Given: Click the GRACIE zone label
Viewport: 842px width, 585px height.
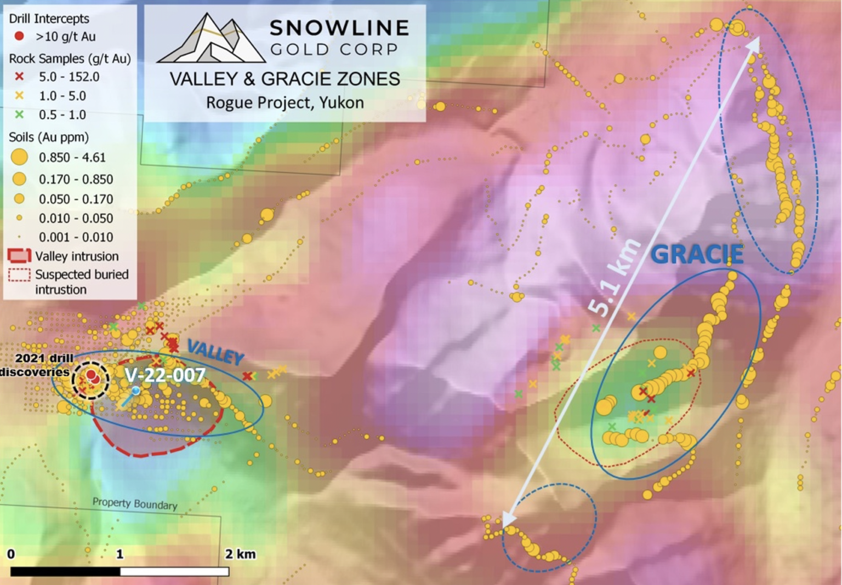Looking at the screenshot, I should click(697, 254).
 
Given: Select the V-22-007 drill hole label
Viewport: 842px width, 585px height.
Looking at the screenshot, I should click(165, 375).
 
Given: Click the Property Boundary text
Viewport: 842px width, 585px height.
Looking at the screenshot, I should click(135, 503).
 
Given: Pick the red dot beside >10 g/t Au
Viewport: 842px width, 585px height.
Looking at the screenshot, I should click(19, 36).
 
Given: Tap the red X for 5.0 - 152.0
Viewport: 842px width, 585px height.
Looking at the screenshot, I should click(19, 77).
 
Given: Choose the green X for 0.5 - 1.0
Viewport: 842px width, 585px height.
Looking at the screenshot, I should click(19, 114).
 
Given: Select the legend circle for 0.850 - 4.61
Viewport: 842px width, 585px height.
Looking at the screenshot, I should click(19, 157).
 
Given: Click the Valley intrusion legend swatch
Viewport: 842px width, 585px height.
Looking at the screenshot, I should click(19, 256).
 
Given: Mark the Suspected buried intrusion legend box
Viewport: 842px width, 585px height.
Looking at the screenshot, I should click(19, 274).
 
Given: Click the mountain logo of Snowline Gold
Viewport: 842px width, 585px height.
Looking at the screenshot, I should click(211, 38).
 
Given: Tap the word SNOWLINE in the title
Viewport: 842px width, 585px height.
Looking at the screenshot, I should click(339, 27).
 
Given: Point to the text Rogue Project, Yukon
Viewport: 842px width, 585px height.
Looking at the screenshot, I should click(285, 102).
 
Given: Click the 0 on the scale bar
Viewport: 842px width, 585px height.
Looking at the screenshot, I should click(11, 554).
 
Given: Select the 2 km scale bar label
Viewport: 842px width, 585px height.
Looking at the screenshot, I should click(240, 554).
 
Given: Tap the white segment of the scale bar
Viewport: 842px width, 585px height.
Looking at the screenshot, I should click(174, 571).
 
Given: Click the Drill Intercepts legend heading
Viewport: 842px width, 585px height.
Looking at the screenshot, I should click(49, 19).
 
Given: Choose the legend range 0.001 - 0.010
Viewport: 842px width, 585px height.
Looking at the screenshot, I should click(76, 237).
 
